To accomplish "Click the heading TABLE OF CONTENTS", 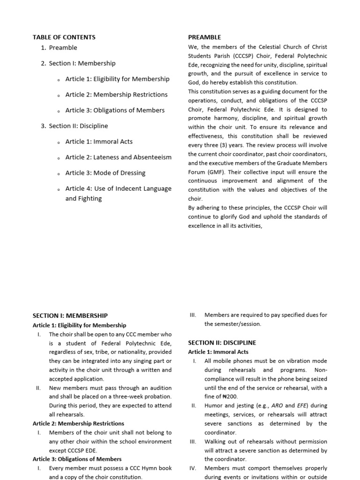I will coord(64,37).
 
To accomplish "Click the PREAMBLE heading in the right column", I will coord(204,37).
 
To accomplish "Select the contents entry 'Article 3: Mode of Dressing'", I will coord(105,173).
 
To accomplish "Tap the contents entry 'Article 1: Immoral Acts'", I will coord(98,142).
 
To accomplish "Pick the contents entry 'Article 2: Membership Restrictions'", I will coord(116,95).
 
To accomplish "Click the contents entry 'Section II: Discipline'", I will coord(78,126).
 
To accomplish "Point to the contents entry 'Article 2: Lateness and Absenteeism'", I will coord(118,157).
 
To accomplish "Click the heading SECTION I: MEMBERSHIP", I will coord(70,316).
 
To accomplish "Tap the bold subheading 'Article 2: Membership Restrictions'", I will coord(78,423).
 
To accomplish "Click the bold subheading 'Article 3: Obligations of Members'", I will coord(77,459).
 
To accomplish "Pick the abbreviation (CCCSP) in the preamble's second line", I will coord(229,56).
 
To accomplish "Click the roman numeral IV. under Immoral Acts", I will coord(192,468).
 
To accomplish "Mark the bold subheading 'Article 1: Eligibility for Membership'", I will coord(79,325).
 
